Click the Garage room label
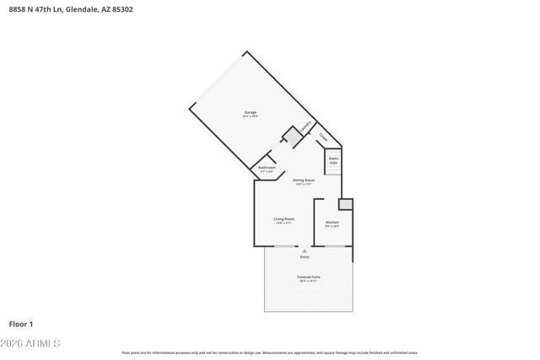pyautogui.click(x=250, y=113)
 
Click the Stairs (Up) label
pyautogui.click(x=332, y=159)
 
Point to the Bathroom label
pyautogui.click(x=267, y=169)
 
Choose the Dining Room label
pyautogui.click(x=304, y=181)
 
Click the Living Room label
pyautogui.click(x=283, y=220)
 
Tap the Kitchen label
pyautogui.click(x=332, y=223)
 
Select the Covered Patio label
pyautogui.click(x=308, y=278)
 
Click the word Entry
pyautogui.click(x=305, y=256)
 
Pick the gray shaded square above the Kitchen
pyautogui.click(x=346, y=204)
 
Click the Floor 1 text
pyautogui.click(x=21, y=324)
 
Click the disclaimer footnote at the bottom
pyautogui.click(x=270, y=352)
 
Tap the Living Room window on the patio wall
pyautogui.click(x=285, y=246)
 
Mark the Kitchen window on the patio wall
pyautogui.click(x=334, y=246)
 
